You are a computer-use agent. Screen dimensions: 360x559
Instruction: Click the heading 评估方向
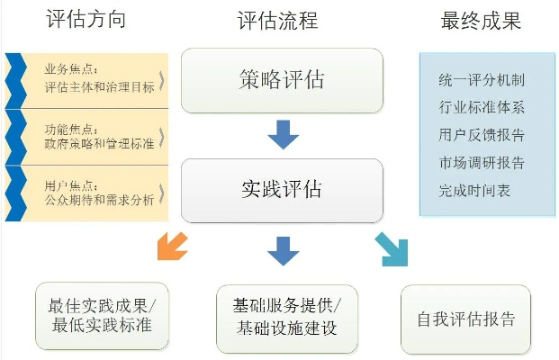point(85,21)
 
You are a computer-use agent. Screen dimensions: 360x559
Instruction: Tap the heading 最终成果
point(482,21)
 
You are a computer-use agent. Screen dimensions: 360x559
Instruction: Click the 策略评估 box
point(282,79)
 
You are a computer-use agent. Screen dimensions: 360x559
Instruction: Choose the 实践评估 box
point(282,190)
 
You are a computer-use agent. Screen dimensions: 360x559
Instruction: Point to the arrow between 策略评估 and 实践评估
point(283,136)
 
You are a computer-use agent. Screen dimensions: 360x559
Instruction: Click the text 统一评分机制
point(482,80)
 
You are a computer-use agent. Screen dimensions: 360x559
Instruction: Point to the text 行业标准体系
point(482,108)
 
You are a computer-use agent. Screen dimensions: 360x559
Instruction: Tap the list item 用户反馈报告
point(482,136)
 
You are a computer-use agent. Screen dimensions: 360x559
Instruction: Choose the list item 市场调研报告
point(482,164)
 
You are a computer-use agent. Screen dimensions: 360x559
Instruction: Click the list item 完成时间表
point(475,192)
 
